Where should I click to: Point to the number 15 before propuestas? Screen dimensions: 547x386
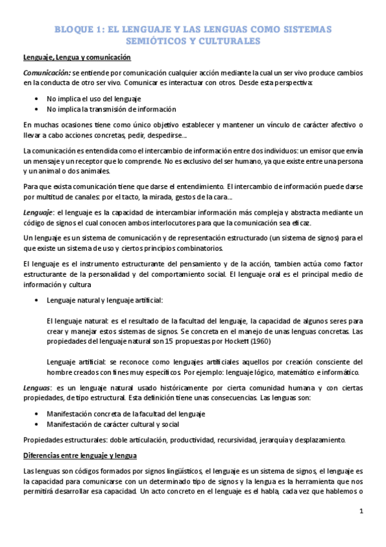point(169,339)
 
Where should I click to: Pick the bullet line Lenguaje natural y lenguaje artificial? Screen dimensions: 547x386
point(105,301)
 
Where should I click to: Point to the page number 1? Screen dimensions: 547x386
point(362,512)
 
